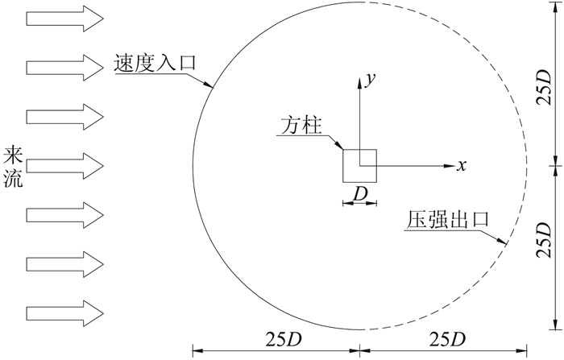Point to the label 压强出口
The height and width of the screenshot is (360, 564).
pos(449,220)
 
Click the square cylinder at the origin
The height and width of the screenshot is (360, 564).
pos(359,165)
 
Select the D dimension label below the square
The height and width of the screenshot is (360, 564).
pos(359,193)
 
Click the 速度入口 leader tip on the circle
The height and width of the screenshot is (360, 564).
pos(211,85)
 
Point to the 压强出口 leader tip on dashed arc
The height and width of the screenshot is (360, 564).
pos(506,243)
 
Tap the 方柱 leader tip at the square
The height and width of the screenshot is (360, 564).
pos(344,150)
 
